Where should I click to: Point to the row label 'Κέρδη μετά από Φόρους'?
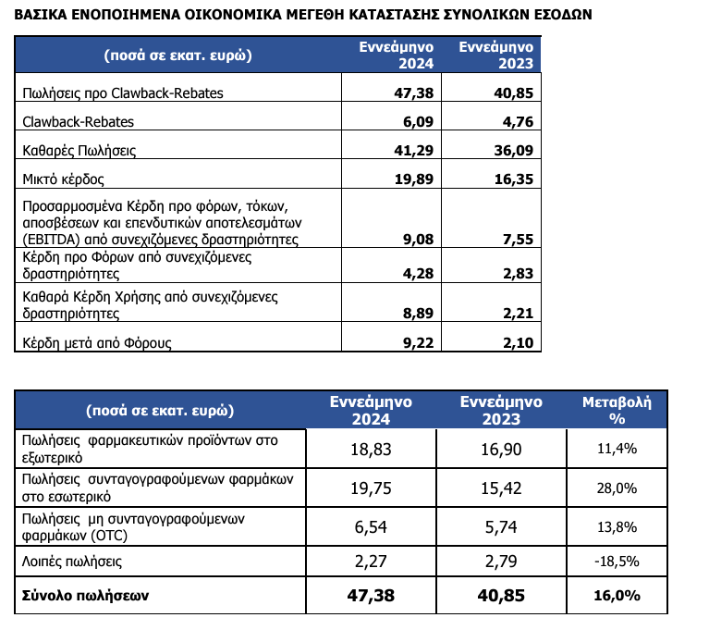click(x=96, y=343)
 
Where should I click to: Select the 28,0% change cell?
click(x=617, y=488)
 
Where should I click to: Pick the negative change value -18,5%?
click(x=617, y=561)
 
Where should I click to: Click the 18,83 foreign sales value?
click(x=373, y=449)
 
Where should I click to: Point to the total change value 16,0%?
click(x=617, y=597)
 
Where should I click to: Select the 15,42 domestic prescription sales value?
click(x=500, y=488)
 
